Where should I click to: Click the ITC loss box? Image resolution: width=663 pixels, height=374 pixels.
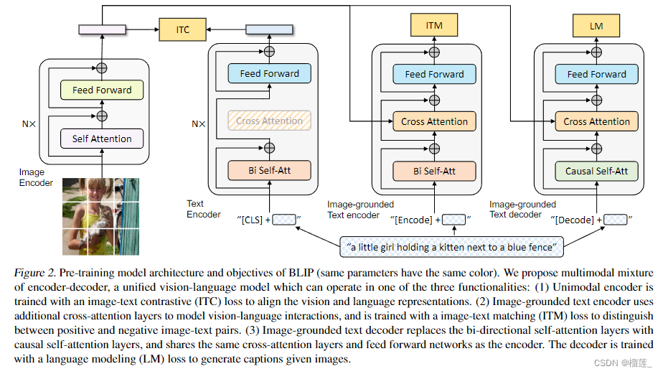[x=184, y=29]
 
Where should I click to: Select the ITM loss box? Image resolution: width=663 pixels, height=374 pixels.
[x=434, y=26]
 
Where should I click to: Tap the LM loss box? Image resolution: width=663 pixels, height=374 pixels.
[x=596, y=26]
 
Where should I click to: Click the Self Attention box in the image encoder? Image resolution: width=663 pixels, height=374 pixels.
[x=102, y=139]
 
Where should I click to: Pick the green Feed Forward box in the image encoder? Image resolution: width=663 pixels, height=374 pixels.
[x=102, y=90]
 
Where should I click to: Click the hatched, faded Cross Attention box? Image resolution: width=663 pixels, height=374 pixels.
[x=269, y=121]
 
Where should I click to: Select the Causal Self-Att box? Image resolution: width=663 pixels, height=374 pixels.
[x=596, y=171]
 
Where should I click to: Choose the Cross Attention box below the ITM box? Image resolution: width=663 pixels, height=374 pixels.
[x=434, y=122]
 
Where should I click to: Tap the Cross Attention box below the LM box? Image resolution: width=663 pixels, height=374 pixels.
[x=596, y=122]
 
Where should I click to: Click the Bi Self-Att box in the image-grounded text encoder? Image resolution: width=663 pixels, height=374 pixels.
[x=434, y=171]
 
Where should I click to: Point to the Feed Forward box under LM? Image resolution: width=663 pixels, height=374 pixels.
[x=596, y=74]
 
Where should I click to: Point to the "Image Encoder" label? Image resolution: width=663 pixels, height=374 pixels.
[x=36, y=177]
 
